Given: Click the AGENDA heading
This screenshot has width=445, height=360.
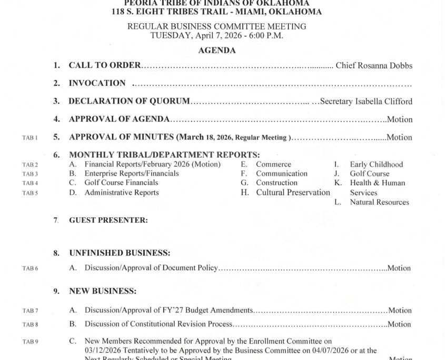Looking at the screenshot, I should [216, 51].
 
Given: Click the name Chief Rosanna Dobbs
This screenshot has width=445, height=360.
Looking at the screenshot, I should [373, 66].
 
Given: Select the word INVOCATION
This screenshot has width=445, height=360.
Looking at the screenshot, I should [97, 83].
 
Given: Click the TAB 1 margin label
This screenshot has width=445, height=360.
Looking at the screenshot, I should [28, 138].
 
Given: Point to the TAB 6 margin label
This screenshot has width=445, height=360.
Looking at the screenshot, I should [29, 268].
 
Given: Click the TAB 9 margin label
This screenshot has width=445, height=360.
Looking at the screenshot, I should [29, 342].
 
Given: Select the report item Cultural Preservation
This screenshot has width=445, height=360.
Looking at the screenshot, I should [293, 193].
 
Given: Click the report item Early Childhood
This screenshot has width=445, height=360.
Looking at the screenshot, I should [376, 165].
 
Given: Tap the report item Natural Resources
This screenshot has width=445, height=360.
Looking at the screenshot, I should [379, 202].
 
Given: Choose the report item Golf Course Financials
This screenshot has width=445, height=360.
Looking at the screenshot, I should [121, 183].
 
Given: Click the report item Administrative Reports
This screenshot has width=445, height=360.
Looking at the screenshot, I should [122, 193].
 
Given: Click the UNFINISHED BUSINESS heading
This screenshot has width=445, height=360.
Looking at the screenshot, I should [119, 253].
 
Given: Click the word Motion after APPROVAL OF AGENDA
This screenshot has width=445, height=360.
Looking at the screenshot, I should [399, 119].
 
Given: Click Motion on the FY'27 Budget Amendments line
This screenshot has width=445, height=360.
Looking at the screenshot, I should [399, 311].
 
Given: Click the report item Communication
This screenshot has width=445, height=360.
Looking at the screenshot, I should [282, 174].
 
